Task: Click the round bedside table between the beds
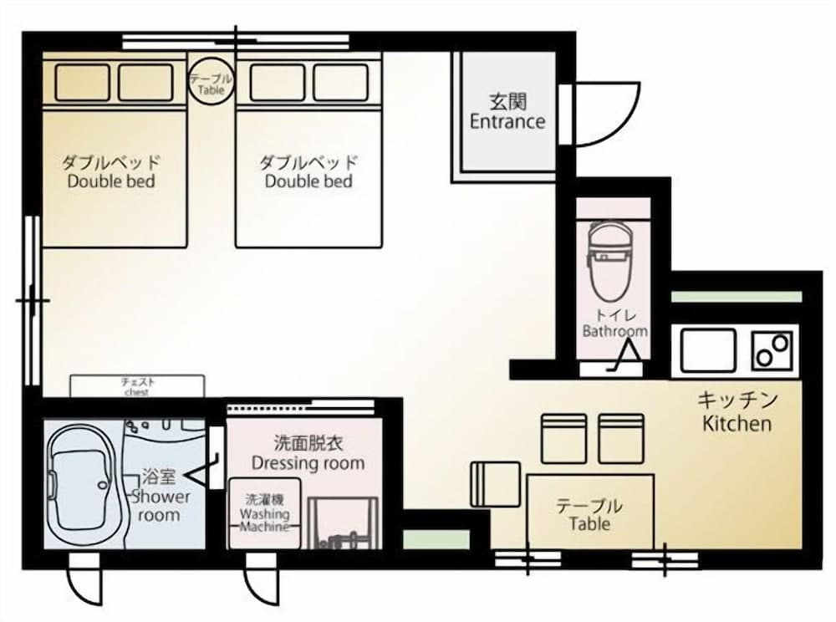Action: tap(211, 82)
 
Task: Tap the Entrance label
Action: tap(507, 112)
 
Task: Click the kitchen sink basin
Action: tap(708, 350)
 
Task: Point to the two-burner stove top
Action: tap(772, 350)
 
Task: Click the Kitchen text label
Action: tap(737, 411)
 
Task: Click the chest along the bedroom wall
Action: tap(136, 386)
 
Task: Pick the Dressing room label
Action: tap(308, 452)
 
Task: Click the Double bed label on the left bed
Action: tap(111, 171)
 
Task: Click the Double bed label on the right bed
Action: tap(308, 171)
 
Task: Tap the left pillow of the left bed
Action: tap(82, 82)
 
